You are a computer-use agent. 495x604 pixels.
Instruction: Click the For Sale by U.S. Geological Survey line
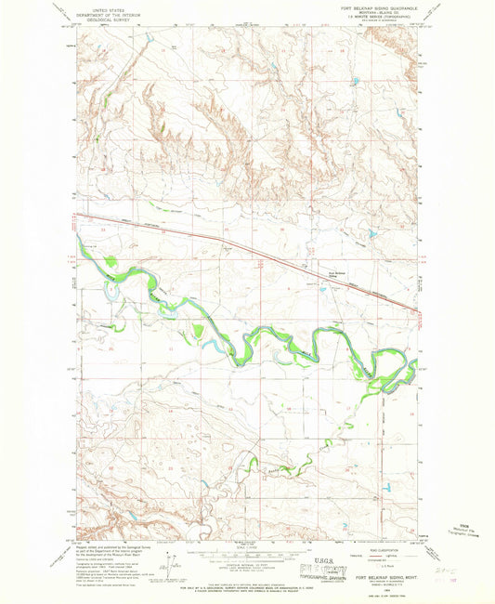click(x=247, y=584)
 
